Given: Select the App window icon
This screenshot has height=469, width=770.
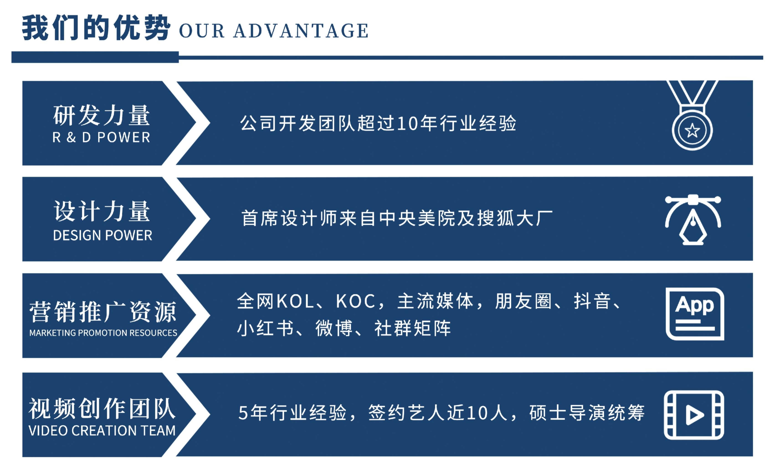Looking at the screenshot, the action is [695, 314].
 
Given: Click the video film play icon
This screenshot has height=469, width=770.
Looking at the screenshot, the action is [694, 415].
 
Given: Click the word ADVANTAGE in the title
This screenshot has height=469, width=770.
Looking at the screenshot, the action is [301, 31].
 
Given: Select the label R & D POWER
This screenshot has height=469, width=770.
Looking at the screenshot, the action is [101, 137].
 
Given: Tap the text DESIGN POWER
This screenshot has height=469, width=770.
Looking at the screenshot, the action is [103, 235].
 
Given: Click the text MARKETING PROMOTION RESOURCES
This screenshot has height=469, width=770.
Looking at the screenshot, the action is [103, 333].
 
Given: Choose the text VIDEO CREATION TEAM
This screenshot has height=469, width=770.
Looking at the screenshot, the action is [102, 430].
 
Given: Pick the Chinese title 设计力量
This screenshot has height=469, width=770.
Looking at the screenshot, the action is [102, 211].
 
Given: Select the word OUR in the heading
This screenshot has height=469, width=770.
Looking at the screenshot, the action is [202, 31].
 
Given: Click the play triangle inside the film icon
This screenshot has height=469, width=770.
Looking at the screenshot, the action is [694, 415].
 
